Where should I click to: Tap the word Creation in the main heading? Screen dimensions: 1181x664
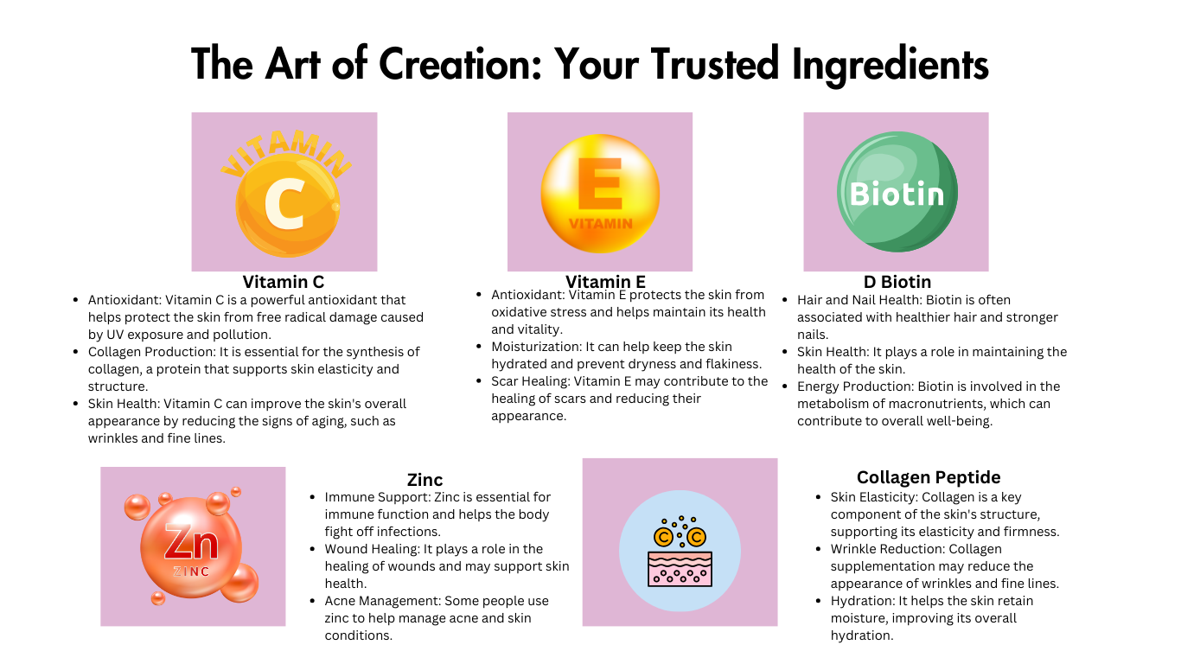(460, 64)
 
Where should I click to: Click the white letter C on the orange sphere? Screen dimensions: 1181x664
(284, 203)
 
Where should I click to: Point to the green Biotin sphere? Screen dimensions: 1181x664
(897, 191)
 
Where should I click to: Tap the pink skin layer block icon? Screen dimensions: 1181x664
(680, 569)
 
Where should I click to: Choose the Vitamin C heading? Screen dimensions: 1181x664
(284, 282)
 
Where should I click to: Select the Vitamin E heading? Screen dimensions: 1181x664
(605, 282)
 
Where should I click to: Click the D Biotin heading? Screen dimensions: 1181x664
(897, 282)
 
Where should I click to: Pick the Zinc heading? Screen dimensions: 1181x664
(425, 480)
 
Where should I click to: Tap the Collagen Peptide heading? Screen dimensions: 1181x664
(929, 477)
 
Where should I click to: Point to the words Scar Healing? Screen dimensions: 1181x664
(529, 381)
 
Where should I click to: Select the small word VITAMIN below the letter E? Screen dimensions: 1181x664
(601, 224)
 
